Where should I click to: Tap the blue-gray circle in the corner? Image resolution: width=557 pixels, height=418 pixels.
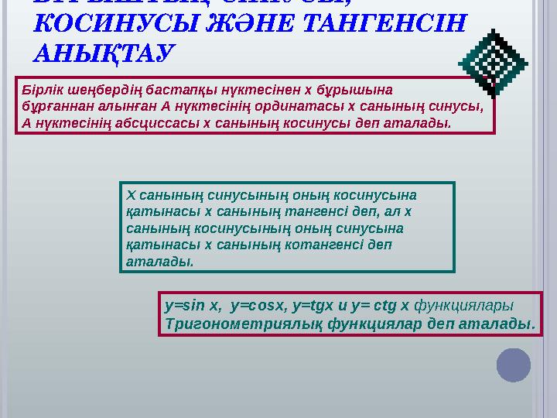513,365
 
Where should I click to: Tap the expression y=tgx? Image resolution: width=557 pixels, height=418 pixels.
317,304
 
